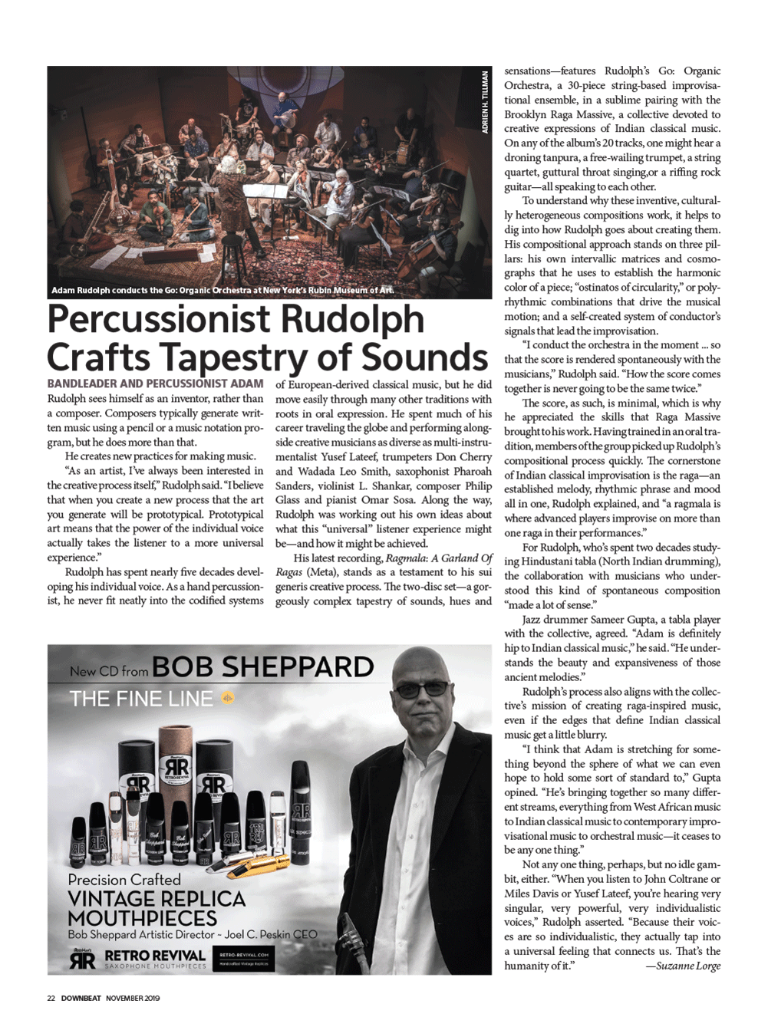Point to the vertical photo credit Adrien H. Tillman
(x=485, y=102)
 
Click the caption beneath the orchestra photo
(x=222, y=291)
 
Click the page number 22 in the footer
(x=51, y=998)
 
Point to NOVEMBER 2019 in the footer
(x=132, y=998)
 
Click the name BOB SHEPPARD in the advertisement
(x=262, y=667)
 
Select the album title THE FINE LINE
(x=141, y=699)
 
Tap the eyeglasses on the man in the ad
(x=424, y=689)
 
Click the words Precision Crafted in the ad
(x=124, y=880)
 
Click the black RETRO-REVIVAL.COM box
(x=244, y=959)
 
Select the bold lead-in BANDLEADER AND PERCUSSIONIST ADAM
(x=155, y=383)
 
